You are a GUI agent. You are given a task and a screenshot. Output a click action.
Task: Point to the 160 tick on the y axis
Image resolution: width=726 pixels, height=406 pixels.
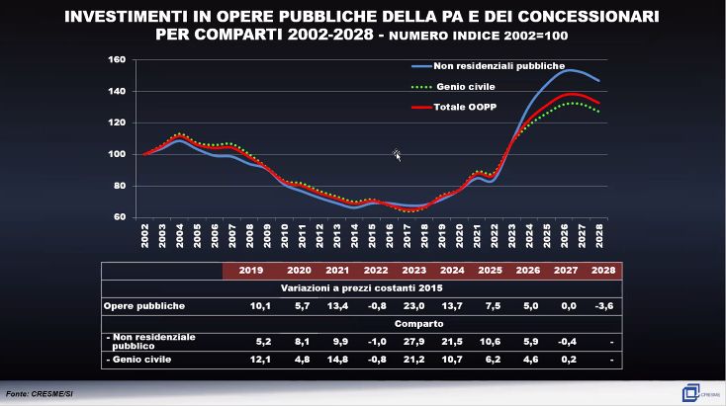pyautogui.click(x=117, y=59)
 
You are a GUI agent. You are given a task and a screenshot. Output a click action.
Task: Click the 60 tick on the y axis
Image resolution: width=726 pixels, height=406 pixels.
pyautogui.click(x=120, y=216)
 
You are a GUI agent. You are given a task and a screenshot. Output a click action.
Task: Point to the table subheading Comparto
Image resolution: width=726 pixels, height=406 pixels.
pyautogui.click(x=363, y=323)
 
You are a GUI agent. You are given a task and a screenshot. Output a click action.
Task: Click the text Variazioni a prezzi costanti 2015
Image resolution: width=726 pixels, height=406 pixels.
pyautogui.click(x=362, y=288)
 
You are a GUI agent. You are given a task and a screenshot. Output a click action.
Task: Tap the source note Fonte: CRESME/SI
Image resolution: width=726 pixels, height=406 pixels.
pyautogui.click(x=41, y=393)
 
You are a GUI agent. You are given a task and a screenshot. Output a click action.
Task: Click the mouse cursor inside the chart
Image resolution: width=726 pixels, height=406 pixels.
pyautogui.click(x=397, y=154)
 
